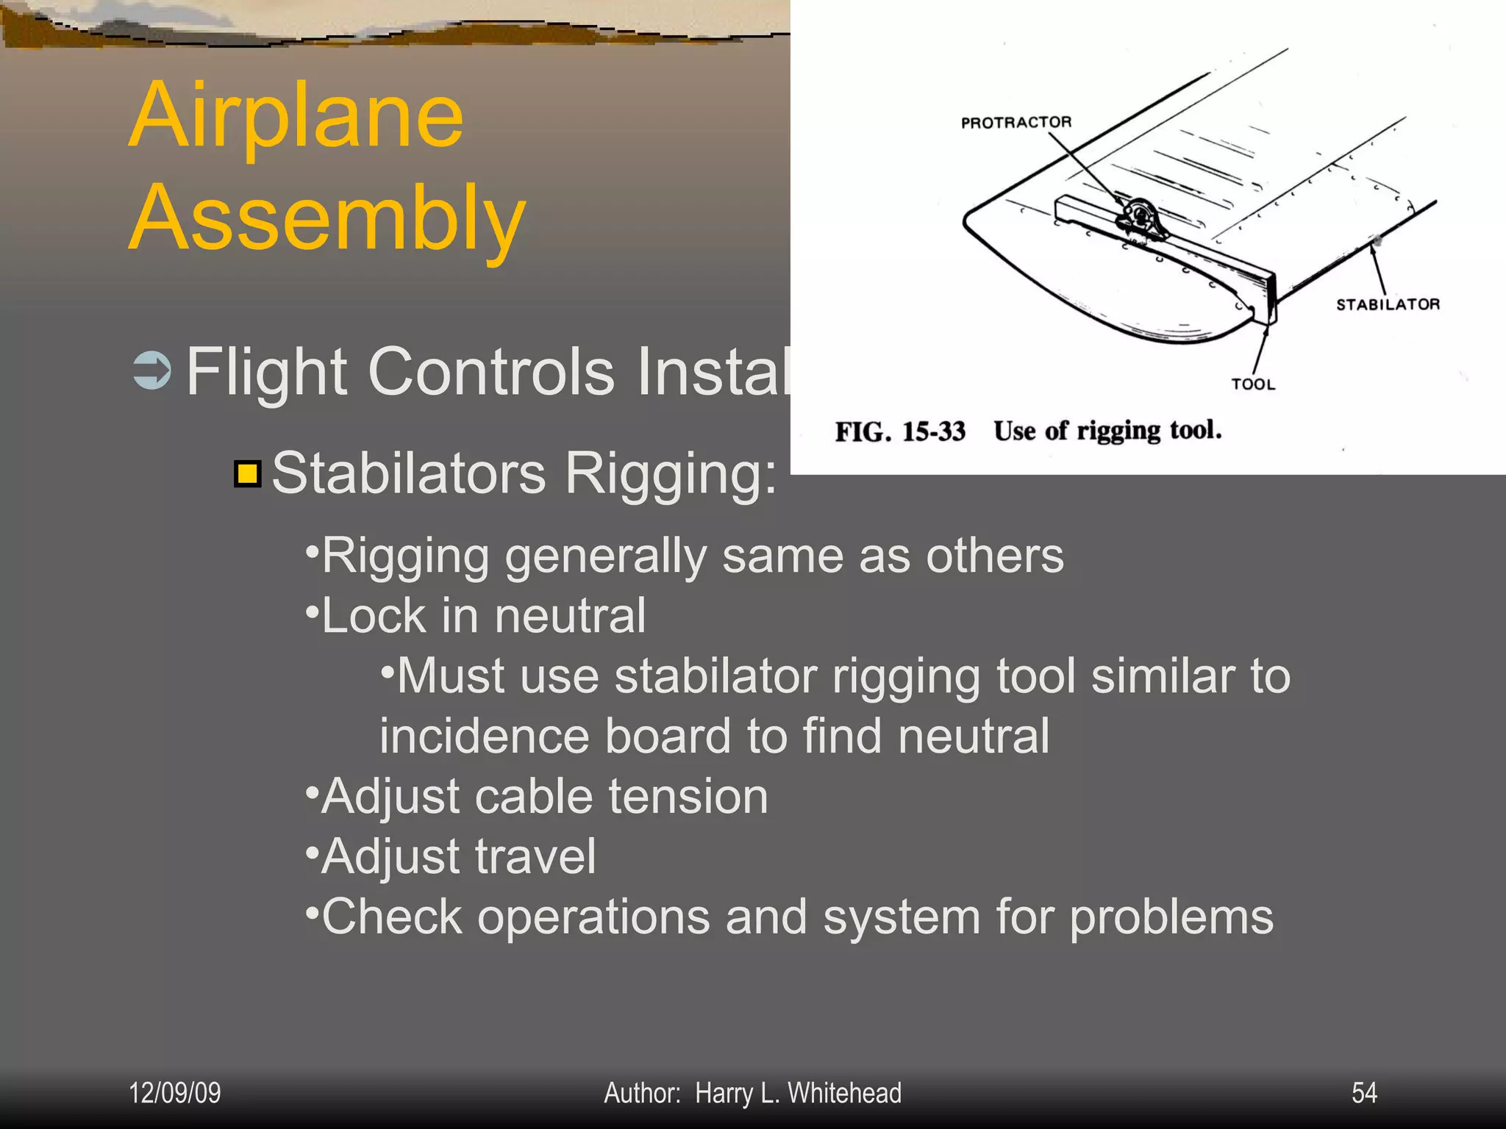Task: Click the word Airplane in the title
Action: coord(296,115)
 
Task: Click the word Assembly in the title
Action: coord(327,218)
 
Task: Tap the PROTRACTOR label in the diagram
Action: coord(1016,122)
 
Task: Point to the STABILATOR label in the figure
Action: coord(1387,304)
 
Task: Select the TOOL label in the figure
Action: coord(1253,384)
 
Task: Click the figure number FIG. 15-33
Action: coord(899,431)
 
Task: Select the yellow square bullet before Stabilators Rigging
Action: coord(248,474)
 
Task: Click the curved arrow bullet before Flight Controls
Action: coord(152,370)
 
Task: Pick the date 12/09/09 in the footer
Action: coord(175,1093)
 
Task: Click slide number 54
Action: coord(1364,1093)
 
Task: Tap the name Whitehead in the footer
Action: coord(844,1093)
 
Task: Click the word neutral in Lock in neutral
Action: coord(570,616)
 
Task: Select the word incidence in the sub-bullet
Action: coord(484,736)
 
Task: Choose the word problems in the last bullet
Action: coord(1171,918)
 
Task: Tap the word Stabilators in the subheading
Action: coord(409,473)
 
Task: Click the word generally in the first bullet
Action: coord(605,556)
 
